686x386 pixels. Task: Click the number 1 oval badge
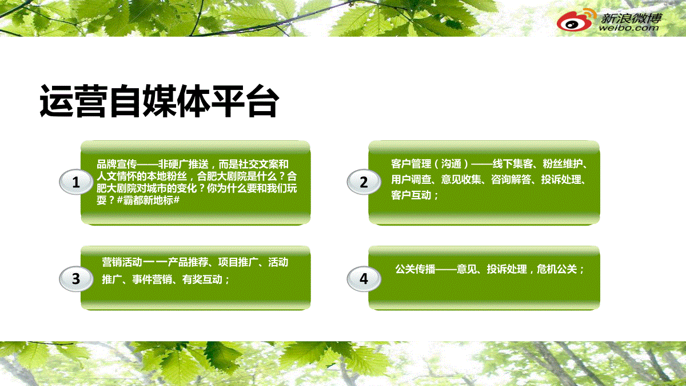pyautogui.click(x=76, y=182)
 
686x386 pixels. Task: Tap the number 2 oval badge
pyautogui.click(x=364, y=182)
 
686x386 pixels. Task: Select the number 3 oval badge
pyautogui.click(x=76, y=278)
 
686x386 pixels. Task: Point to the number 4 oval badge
pyautogui.click(x=364, y=278)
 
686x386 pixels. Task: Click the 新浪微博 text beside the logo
pyautogui.click(x=631, y=18)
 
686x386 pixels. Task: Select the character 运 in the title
pyautogui.click(x=57, y=101)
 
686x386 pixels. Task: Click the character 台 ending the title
pyautogui.click(x=263, y=101)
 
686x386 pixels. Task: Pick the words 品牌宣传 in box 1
pyautogui.click(x=117, y=164)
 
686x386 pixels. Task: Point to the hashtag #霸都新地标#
pyautogui.click(x=148, y=200)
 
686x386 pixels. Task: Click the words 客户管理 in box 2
pyautogui.click(x=411, y=164)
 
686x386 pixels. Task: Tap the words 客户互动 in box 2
pyautogui.click(x=411, y=195)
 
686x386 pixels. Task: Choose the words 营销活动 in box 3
pyautogui.click(x=122, y=262)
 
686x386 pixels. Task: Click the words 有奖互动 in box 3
pyautogui.click(x=202, y=279)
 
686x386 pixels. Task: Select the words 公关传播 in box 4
pyautogui.click(x=415, y=269)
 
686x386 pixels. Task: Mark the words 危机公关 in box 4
pyautogui.click(x=557, y=269)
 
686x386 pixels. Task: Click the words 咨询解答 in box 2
pyautogui.click(x=511, y=179)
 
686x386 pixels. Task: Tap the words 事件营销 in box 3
pyautogui.click(x=152, y=279)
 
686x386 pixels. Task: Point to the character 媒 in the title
pyautogui.click(x=160, y=101)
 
